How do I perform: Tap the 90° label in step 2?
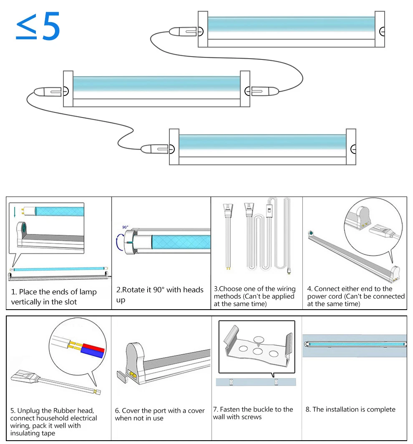tap(125, 227)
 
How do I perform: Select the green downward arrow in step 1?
tap(14, 212)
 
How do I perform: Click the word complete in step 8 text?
tap(379, 409)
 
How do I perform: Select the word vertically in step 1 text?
tap(26, 302)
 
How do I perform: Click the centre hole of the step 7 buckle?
tap(257, 351)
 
